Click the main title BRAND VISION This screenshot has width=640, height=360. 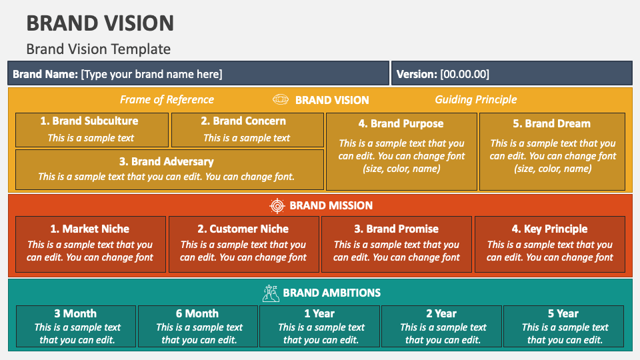tap(100, 23)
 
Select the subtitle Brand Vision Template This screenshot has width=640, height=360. tap(98, 49)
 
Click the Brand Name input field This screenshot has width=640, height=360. tap(198, 74)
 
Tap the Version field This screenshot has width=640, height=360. tap(511, 74)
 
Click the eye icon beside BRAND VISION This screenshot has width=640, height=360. tap(281, 100)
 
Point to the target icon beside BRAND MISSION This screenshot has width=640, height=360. tap(277, 205)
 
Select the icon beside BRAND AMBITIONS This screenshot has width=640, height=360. tap(271, 293)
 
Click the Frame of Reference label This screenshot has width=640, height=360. tap(167, 100)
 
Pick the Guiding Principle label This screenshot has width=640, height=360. tap(475, 100)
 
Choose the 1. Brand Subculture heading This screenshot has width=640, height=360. tap(89, 121)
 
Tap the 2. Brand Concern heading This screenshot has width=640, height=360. tap(243, 121)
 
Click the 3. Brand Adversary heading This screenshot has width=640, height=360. tap(166, 161)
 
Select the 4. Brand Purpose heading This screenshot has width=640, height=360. tap(401, 123)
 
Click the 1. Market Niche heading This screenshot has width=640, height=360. tap(90, 229)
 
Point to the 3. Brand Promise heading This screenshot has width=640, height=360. tap(396, 229)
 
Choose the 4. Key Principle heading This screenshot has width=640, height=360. tap(549, 229)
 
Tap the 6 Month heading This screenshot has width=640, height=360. tap(197, 313)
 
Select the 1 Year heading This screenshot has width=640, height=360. tap(319, 313)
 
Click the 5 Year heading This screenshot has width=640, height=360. tap(563, 313)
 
